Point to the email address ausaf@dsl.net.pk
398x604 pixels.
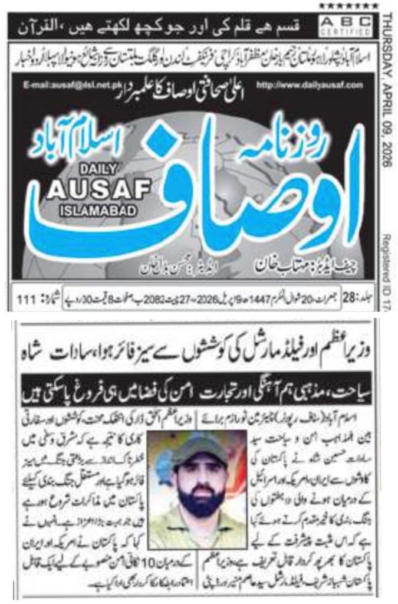tap(63, 86)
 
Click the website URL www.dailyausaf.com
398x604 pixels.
tap(325, 86)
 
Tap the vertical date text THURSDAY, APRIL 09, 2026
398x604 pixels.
tap(387, 88)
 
